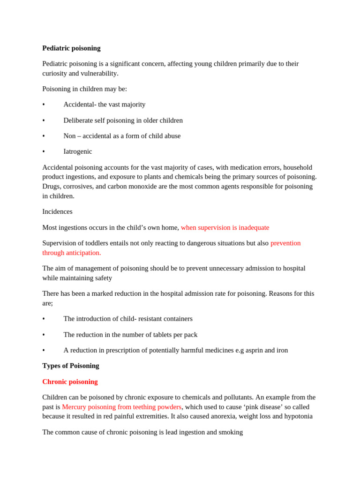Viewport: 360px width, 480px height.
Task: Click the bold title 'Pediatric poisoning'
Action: (71, 48)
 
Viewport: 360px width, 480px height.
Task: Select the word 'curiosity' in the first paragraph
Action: (56, 74)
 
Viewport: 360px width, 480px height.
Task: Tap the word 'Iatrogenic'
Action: (78, 151)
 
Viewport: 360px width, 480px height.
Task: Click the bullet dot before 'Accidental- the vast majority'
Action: (44, 105)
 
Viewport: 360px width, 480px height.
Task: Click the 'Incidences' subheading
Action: (57, 211)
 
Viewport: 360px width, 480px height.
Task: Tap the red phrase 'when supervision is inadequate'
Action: (225, 227)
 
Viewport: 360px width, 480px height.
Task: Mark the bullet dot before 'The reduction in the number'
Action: (44, 335)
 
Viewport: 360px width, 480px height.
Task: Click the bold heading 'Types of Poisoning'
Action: (71, 366)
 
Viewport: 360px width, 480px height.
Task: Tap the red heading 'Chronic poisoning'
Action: (70, 382)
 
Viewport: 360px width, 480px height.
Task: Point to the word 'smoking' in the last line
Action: (231, 432)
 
